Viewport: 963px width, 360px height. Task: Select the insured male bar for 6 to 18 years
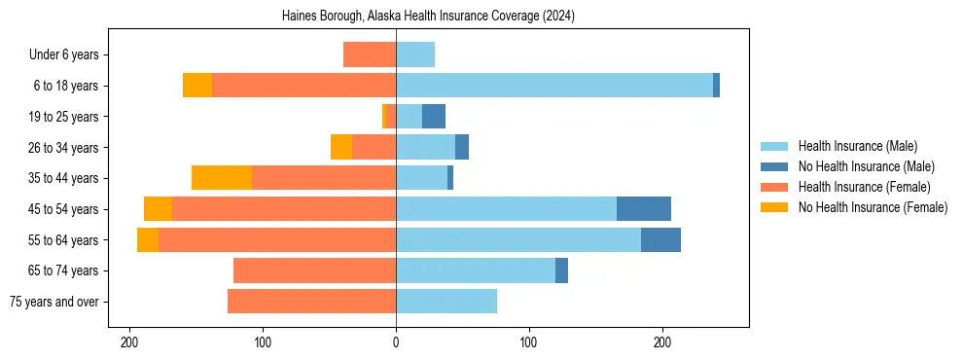[554, 86]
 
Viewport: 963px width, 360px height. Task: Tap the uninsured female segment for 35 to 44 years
[222, 178]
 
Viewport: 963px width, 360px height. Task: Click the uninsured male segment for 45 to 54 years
[644, 209]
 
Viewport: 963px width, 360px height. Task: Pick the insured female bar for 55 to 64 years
[277, 240]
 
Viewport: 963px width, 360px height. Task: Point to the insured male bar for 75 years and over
[446, 302]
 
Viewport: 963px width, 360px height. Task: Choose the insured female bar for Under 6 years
[370, 54]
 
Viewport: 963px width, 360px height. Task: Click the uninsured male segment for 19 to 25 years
[434, 117]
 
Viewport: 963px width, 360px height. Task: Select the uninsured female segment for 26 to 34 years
[341, 147]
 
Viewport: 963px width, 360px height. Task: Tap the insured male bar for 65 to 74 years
[476, 270]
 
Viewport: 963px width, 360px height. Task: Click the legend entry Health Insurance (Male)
[857, 146]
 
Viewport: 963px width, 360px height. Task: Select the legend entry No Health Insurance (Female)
[873, 207]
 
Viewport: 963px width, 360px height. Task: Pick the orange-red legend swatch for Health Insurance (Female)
[774, 187]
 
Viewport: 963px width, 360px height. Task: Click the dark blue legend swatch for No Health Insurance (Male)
[774, 166]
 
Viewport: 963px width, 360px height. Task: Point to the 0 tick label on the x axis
[396, 342]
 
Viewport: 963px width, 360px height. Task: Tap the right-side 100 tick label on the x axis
[529, 342]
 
